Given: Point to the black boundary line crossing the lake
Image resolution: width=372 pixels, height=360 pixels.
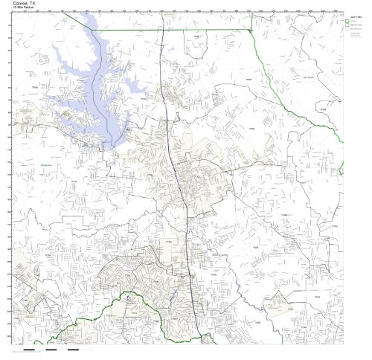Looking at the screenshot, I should (x=112, y=112).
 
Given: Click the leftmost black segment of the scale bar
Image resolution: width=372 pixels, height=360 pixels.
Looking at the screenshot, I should (x=30, y=349).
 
